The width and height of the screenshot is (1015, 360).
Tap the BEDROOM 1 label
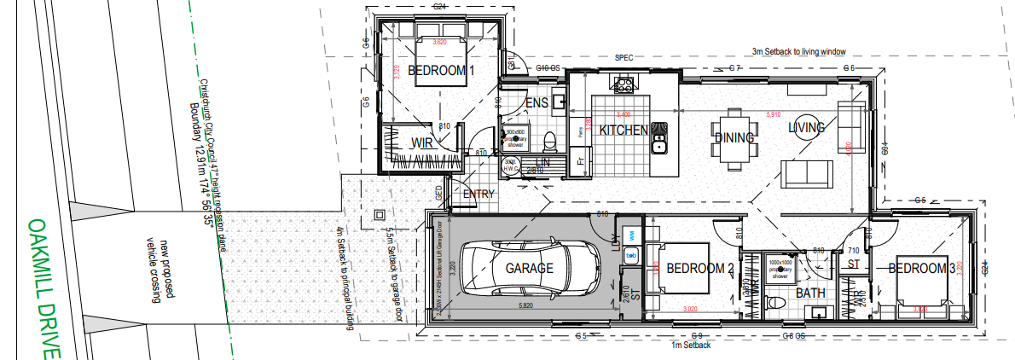441,71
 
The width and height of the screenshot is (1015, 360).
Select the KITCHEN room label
624,131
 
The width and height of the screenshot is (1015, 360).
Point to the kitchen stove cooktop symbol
623,84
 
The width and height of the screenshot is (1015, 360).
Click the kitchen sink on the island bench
658,137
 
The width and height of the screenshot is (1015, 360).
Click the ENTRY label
478,195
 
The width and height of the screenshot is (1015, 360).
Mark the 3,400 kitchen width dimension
622,113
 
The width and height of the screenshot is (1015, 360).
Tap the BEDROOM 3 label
922,269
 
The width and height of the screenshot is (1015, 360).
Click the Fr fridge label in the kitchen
580,160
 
